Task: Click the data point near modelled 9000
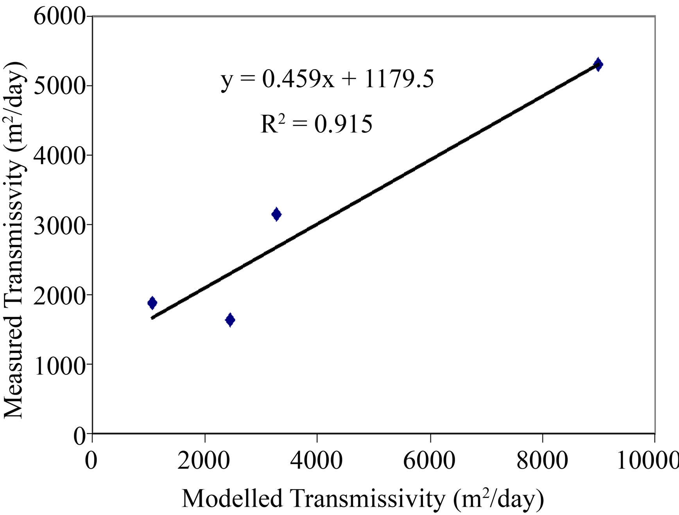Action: click(598, 64)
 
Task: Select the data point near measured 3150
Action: click(276, 214)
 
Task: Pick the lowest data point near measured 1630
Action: click(230, 320)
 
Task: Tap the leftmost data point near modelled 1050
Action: click(152, 303)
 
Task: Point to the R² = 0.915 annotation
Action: click(316, 124)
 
